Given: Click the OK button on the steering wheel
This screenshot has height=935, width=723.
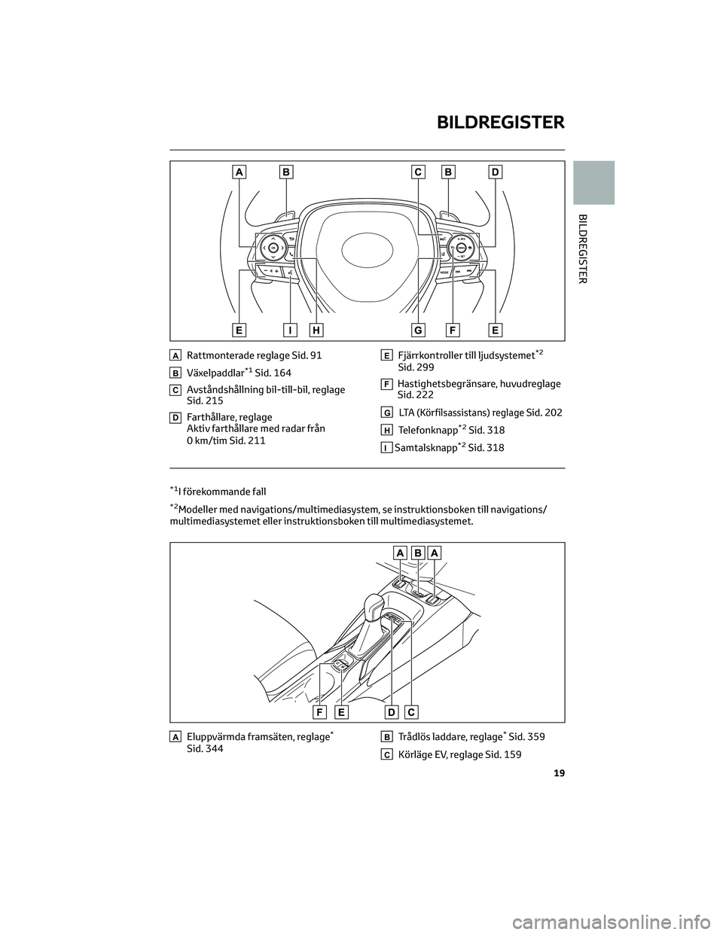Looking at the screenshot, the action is tap(273, 248).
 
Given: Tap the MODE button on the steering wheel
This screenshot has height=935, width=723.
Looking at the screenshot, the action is tap(444, 273).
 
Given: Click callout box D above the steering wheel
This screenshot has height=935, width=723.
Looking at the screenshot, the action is tap(495, 172).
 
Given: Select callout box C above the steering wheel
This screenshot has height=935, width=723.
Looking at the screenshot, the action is tap(418, 172).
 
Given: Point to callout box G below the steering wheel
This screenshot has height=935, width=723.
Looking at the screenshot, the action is tap(418, 330).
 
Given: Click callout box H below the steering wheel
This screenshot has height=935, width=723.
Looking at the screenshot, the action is tap(316, 330).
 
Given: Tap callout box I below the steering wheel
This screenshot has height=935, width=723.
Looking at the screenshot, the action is tap(290, 330).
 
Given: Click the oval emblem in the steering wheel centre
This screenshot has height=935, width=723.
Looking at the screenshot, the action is tap(367, 251).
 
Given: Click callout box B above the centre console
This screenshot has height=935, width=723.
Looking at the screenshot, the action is tap(417, 553).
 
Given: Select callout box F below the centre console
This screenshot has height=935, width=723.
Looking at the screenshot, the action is tap(320, 713).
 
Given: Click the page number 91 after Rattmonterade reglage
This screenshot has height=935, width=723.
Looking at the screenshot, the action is tap(316, 356).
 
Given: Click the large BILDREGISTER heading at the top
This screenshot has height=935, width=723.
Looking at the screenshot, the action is tap(501, 123).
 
